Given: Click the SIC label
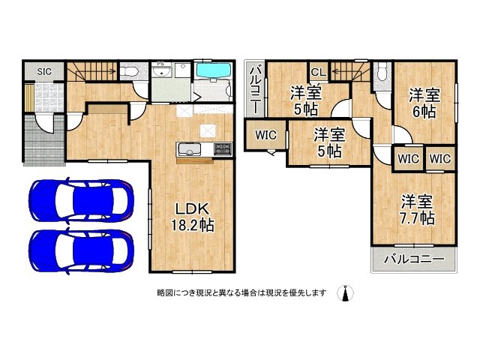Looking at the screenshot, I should coord(44,71).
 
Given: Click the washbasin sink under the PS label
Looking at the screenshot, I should coord(162,73).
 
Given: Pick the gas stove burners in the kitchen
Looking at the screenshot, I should coord(223,148).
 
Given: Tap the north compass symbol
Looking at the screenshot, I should coord(346,293).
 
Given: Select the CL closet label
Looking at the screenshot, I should coord(317,72).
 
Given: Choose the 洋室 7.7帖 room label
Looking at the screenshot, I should coord(416,209).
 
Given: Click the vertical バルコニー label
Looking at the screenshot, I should coord(255,88).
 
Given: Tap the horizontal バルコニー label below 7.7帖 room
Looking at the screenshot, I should coord(413,259).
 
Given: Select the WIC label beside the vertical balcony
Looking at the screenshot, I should coord(265,136).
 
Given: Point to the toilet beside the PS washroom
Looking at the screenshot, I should coord(130,72).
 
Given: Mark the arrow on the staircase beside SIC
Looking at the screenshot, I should coord(105,72).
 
